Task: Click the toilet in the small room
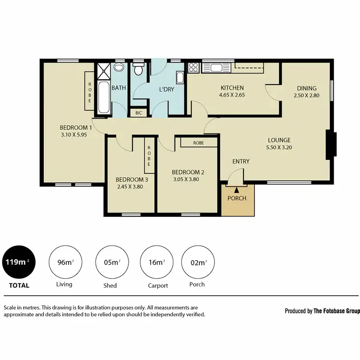click(139, 70)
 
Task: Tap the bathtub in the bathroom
click(104, 97)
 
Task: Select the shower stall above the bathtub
click(103, 72)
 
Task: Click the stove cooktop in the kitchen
click(193, 68)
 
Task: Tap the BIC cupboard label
click(138, 113)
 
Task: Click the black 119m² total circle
click(18, 262)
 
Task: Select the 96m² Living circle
click(64, 262)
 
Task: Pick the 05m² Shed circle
click(111, 262)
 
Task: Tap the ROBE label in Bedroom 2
click(198, 143)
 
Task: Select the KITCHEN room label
click(232, 88)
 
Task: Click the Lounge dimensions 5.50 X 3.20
click(279, 147)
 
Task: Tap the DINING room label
click(306, 88)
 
